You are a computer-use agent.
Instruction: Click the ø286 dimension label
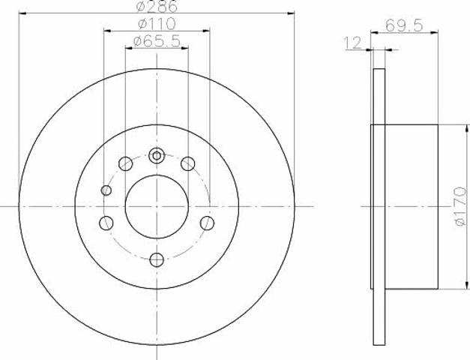tap(157, 6)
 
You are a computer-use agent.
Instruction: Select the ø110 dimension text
tap(157, 24)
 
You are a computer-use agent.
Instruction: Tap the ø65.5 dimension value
tap(157, 41)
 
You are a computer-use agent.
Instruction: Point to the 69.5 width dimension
tap(404, 25)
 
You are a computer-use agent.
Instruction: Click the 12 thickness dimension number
tap(353, 43)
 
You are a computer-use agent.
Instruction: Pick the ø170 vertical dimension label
tap(460, 206)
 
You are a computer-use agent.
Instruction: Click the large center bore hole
tap(157, 206)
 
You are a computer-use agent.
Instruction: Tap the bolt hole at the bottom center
tap(157, 259)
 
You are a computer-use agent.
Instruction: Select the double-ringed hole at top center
tap(157, 156)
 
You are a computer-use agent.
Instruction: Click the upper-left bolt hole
tap(126, 163)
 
